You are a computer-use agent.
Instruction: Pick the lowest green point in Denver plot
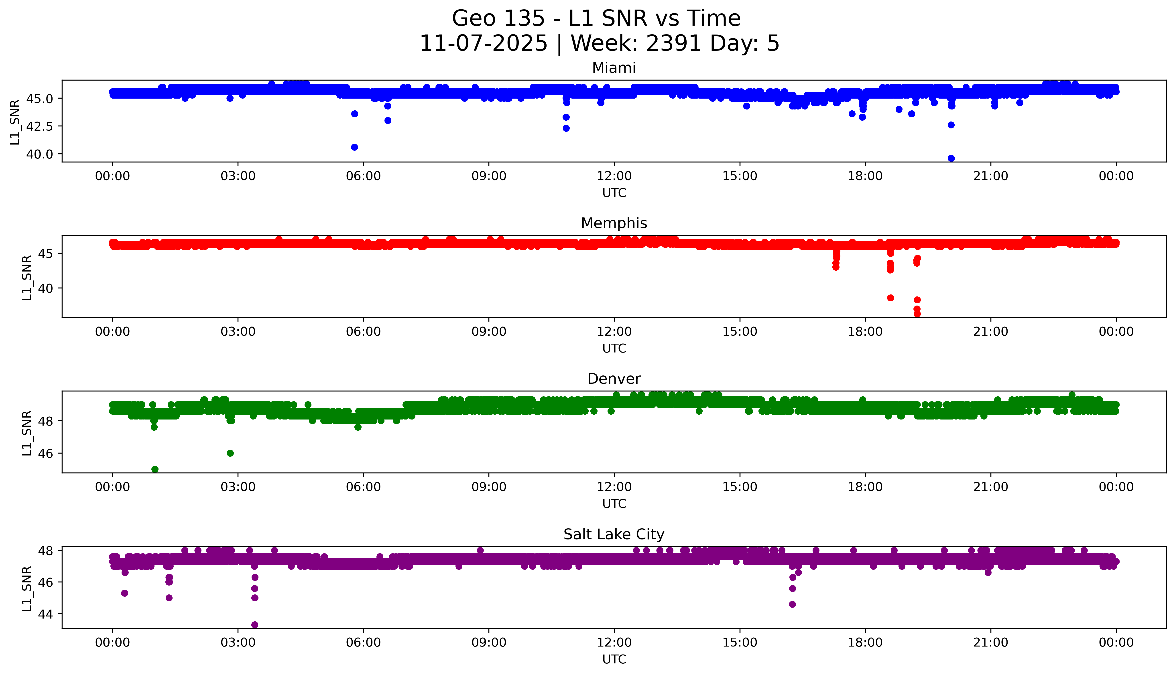tap(155, 469)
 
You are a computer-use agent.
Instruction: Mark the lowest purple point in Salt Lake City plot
tap(254, 625)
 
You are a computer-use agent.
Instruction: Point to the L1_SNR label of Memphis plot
tap(27, 277)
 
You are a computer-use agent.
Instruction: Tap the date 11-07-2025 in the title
tap(484, 44)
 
